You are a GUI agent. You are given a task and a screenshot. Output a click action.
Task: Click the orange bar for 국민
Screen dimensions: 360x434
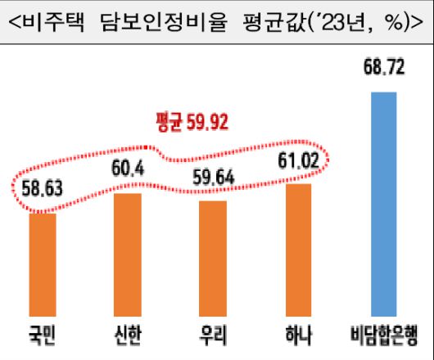43,264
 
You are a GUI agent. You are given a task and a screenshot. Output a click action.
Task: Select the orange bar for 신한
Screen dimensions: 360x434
127,255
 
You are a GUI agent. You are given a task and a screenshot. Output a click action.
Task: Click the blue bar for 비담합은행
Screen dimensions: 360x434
383,204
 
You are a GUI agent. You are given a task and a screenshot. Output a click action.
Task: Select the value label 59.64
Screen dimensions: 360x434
213,178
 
